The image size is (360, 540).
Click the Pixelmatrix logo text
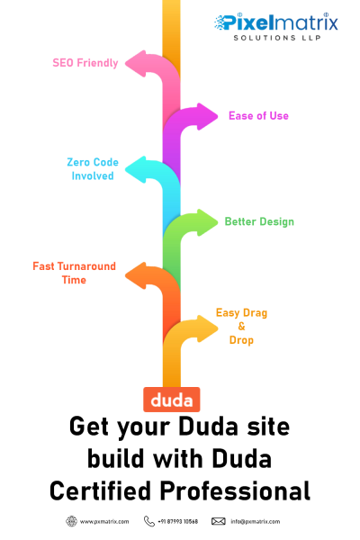tap(276, 22)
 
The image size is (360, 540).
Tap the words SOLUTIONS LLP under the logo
tap(277, 38)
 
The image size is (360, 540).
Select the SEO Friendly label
tap(85, 63)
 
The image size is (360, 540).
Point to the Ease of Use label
tap(258, 116)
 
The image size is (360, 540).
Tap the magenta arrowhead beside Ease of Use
tap(207, 116)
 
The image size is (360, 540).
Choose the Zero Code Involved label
tap(93, 169)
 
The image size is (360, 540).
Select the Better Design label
tap(259, 221)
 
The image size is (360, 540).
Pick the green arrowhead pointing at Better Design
tap(207, 222)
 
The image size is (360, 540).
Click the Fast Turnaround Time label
tap(74, 273)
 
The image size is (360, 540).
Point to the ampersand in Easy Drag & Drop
tap(241, 326)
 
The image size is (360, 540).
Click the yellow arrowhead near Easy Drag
tap(207, 328)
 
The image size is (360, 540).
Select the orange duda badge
tap(172, 400)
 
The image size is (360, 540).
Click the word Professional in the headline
tap(235, 490)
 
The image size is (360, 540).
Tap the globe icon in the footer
tap(71, 521)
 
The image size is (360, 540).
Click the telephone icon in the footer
tap(148, 521)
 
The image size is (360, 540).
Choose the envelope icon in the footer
tap(219, 521)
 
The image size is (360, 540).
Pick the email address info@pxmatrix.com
tap(256, 522)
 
